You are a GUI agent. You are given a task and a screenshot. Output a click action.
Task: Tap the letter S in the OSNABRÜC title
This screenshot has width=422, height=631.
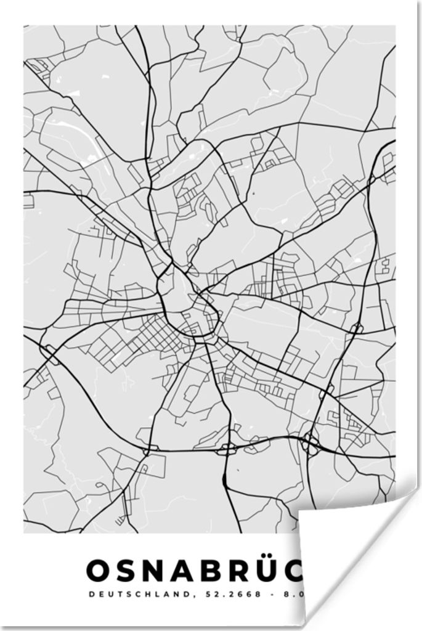coord(130,572)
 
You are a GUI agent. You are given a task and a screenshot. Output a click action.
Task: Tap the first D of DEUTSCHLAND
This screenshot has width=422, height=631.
coord(92,594)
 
